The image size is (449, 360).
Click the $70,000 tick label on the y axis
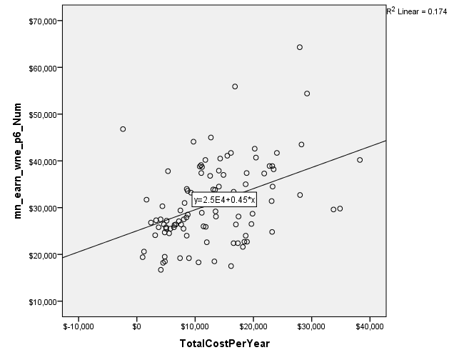(43, 21)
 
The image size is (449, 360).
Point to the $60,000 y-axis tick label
(43, 67)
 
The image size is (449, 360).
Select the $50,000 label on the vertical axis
(43, 114)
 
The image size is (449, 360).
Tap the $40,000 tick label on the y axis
(43, 161)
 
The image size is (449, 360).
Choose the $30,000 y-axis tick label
(43, 208)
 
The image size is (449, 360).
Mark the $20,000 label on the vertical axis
(43, 255)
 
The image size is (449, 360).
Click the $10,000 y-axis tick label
(43, 301)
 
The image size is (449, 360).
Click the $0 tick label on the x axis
(136, 327)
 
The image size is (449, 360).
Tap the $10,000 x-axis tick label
(194, 327)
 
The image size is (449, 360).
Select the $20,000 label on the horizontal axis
(253, 327)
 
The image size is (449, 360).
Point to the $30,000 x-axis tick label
(311, 327)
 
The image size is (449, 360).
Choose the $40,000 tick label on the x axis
(369, 327)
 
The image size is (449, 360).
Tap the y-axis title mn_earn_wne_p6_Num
(19, 161)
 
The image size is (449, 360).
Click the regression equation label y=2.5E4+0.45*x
(224, 199)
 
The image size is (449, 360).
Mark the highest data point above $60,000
(300, 47)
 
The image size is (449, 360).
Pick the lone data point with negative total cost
(123, 129)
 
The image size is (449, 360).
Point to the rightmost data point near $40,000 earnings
(360, 160)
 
